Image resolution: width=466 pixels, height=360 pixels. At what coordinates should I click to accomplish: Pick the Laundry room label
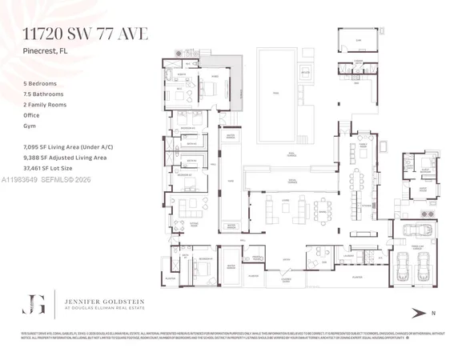coord(360,61)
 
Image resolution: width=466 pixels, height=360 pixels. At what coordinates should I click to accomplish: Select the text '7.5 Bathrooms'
coord(45,94)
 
